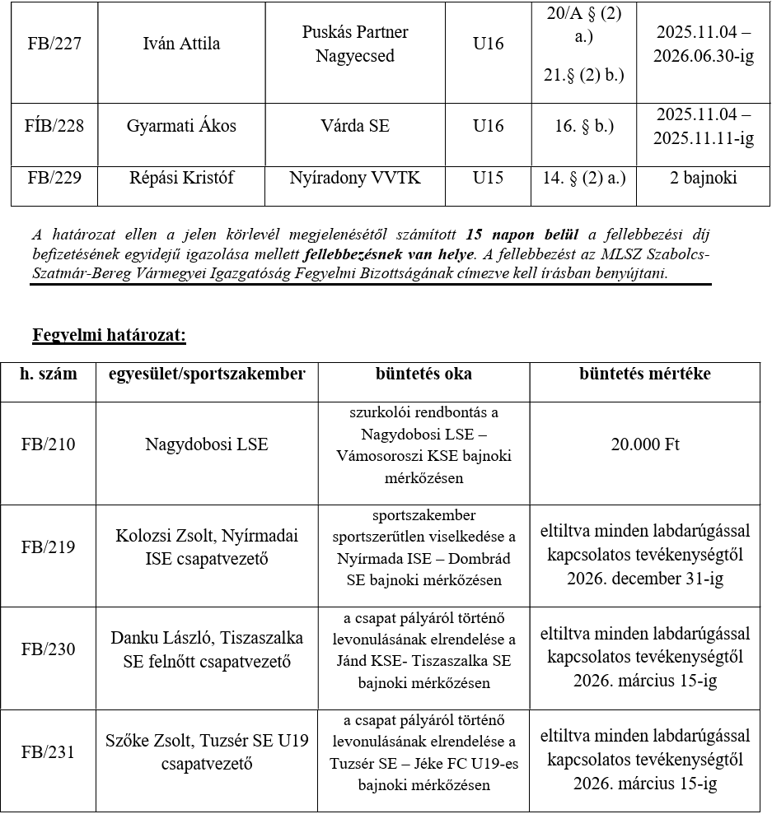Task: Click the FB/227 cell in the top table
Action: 54,44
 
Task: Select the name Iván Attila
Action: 181,44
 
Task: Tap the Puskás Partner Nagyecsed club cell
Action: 354,44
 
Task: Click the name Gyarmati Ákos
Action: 181,126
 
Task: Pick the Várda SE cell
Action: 354,126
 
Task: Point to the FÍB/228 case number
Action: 54,126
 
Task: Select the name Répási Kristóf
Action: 181,177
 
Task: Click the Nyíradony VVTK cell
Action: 354,177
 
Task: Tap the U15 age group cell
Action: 488,177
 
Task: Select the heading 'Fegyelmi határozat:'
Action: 110,335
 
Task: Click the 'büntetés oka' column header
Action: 423,374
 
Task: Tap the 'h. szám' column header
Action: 49,374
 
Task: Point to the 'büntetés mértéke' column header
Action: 644,374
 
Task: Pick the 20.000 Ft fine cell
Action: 644,444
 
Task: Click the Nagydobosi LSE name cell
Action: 206,444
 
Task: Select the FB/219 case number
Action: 48,547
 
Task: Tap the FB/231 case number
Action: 48,751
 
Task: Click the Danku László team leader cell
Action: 206,649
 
